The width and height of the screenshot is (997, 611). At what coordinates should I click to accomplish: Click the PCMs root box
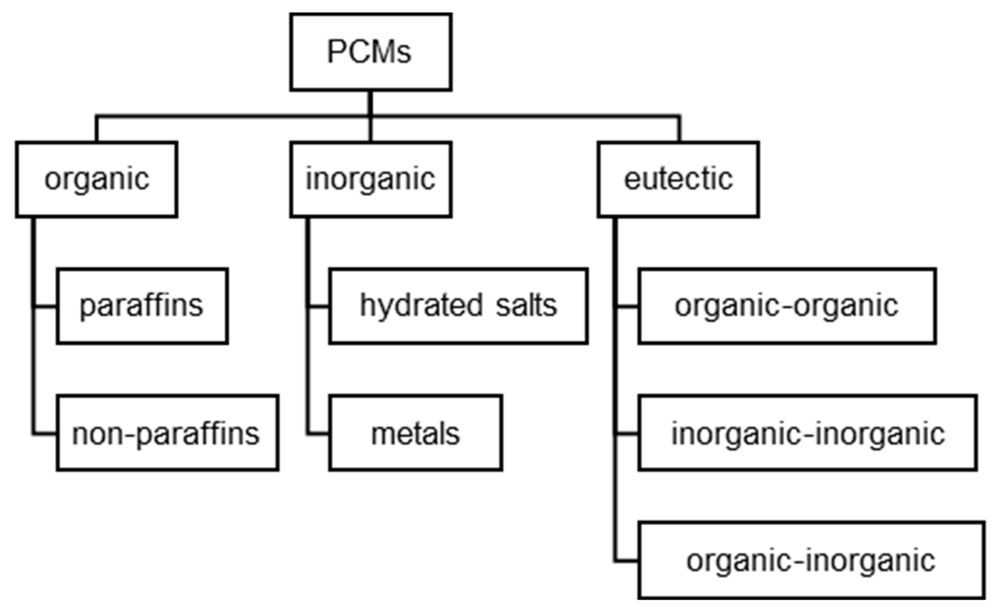pos(371,52)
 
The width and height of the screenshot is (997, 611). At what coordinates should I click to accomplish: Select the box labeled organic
pos(96,179)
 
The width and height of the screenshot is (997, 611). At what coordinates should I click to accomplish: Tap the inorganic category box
pos(371,179)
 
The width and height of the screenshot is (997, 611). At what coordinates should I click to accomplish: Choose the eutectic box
pos(678,179)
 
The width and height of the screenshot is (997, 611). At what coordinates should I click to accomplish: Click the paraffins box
pos(142,306)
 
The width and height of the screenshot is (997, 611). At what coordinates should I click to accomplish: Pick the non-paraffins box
pos(167,433)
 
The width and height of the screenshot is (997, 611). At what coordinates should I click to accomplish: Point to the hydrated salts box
pos(458,306)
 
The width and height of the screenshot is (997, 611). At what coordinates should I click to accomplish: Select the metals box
pos(415,433)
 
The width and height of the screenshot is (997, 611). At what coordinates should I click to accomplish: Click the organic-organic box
pos(786,306)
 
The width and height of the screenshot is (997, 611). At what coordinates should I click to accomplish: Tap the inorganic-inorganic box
pos(807,433)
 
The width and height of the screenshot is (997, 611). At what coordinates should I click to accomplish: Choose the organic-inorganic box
pos(811,560)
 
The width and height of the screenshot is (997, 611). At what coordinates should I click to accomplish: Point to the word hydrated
pos(421,306)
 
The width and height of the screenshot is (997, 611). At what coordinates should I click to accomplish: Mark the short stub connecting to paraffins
pos(45,307)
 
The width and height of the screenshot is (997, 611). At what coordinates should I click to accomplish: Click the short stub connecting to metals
pos(319,434)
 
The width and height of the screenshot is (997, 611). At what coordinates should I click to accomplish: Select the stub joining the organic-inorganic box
pos(627,561)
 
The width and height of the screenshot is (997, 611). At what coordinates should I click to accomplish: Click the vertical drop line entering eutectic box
pos(679,129)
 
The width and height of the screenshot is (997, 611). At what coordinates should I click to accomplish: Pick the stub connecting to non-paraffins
pos(45,434)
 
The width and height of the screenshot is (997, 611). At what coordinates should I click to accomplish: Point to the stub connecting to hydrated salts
pos(319,307)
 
